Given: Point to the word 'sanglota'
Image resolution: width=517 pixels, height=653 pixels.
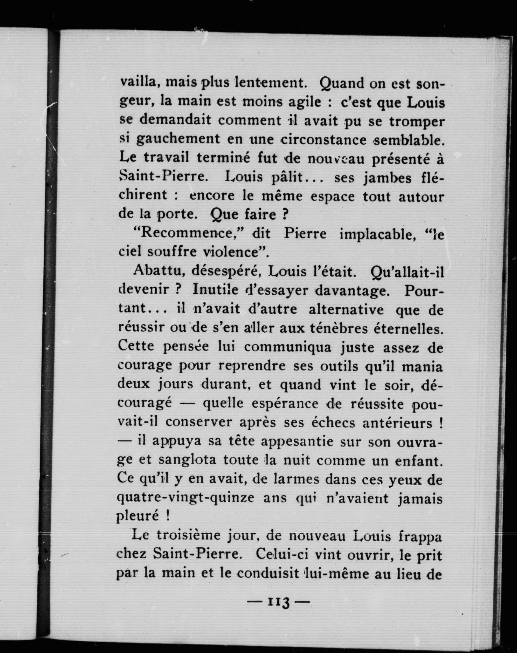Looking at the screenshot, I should pyautogui.click(x=187, y=460).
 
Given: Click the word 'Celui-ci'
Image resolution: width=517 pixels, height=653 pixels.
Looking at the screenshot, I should pyautogui.click(x=282, y=555).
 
